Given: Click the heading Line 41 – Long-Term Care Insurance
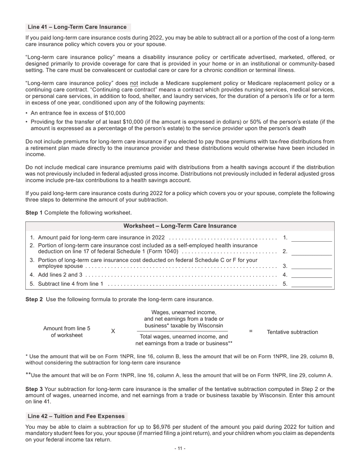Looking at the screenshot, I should click(77, 27).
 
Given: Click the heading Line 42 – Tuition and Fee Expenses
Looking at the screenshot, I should click(76, 416).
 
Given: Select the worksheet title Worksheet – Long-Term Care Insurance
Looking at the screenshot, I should click(180, 226).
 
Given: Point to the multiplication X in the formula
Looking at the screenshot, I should click(113, 332).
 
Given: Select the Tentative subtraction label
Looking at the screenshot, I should click(292, 332).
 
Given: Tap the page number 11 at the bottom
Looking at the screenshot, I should click(180, 449).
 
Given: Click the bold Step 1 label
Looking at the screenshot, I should click(34, 213).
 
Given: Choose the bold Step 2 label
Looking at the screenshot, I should click(34, 300).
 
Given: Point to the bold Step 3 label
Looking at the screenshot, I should click(34, 389).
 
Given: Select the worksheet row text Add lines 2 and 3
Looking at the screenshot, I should click(60, 275).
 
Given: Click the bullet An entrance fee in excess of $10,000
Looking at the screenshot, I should click(78, 113).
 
